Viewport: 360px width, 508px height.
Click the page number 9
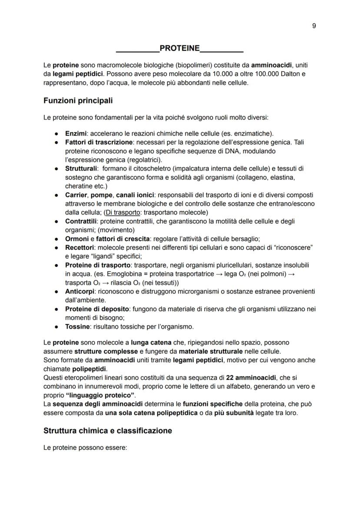click(x=314, y=26)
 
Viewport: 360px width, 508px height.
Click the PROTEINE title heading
click(x=180, y=47)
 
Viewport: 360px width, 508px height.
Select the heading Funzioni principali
click(x=78, y=100)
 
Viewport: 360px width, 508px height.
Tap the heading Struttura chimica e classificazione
click(x=108, y=431)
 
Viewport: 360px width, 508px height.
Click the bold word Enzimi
click(x=76, y=133)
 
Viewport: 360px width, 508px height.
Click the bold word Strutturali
click(x=81, y=168)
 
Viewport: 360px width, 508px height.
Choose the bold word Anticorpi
click(x=80, y=291)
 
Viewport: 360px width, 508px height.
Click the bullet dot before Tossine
click(x=57, y=326)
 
